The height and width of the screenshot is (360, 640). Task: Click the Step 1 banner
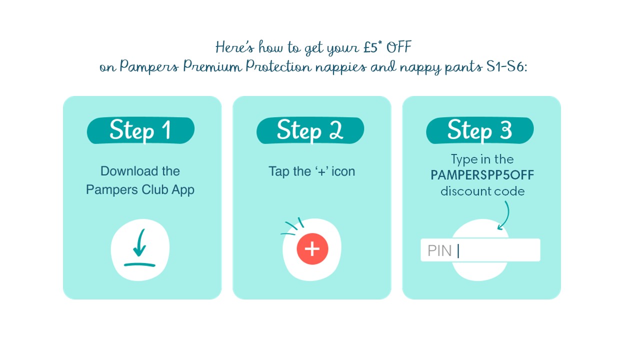140,130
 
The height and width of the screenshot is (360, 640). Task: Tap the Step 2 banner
310,130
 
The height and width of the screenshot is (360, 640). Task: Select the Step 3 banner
479,130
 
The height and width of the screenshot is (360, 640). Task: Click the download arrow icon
140,248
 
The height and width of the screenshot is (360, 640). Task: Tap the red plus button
312,248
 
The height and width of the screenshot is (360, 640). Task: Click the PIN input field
495,250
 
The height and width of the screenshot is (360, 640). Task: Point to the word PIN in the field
439,250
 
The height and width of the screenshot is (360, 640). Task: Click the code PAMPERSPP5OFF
482,175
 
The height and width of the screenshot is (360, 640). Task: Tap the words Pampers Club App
140,190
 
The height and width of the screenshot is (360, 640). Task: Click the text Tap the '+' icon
311,171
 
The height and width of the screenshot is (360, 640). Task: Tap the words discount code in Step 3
482,191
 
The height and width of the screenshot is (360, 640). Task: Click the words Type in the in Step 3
482,159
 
